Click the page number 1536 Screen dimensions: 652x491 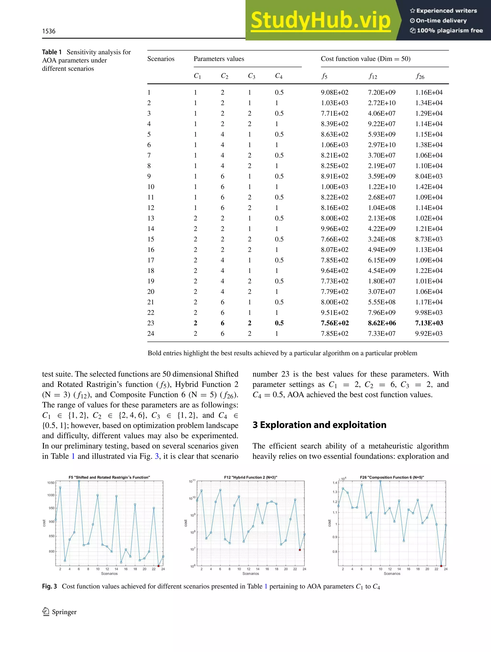click(x=49, y=31)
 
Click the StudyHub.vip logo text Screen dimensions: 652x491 click(x=321, y=20)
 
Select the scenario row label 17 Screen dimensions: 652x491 click(x=151, y=260)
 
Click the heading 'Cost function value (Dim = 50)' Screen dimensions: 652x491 click(x=365, y=59)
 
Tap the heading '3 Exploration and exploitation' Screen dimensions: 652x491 click(x=319, y=425)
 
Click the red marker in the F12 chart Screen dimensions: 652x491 click(x=300, y=550)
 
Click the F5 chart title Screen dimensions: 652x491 click(x=109, y=477)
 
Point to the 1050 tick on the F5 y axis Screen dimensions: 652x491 click(x=51, y=482)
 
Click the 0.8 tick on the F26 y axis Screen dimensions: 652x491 click(x=335, y=551)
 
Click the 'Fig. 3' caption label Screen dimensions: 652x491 click(x=49, y=586)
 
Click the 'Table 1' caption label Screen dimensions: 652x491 click(x=52, y=52)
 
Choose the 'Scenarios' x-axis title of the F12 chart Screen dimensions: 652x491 click(x=251, y=574)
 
